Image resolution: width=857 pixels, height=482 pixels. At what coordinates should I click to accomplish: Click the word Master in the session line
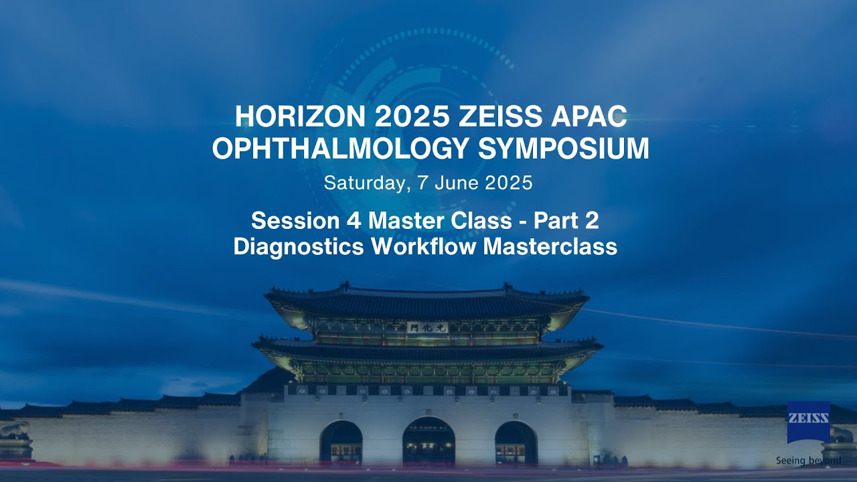coord(406,220)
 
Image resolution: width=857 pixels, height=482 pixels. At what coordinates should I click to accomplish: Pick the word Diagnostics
coord(299,246)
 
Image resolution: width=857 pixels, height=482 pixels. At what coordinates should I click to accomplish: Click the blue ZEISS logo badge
coord(808,422)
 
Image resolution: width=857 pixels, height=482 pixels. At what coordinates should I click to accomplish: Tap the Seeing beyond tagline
coord(808,461)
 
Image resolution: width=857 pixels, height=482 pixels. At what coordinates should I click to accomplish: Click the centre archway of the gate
coord(428,442)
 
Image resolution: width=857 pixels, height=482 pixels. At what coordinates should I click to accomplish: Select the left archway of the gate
coord(341,443)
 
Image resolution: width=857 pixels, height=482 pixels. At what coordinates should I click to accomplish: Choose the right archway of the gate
coord(516,443)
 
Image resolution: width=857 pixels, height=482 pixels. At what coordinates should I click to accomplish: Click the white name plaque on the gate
coord(426,327)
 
